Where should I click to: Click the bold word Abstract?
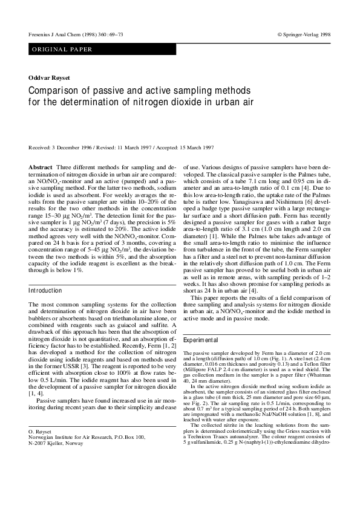(x=41, y=166)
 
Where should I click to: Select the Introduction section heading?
(x=45, y=291)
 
